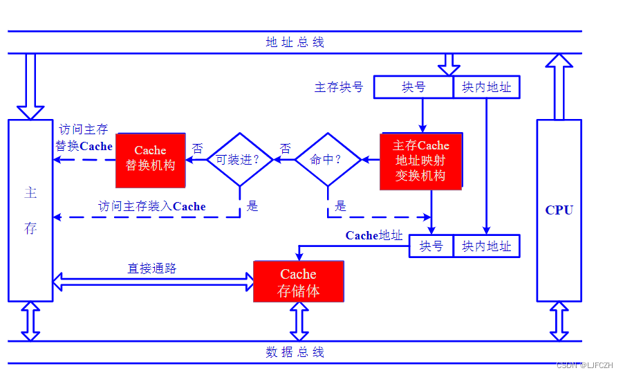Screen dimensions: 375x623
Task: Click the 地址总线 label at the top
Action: click(295, 42)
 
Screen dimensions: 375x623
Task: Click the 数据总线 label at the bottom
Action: click(295, 352)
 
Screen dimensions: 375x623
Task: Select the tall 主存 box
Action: click(30, 210)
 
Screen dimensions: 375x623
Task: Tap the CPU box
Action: click(559, 210)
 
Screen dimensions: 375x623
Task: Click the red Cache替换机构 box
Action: click(150, 160)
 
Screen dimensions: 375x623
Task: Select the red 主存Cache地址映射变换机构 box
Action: click(420, 161)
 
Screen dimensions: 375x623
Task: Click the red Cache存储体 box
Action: click(298, 282)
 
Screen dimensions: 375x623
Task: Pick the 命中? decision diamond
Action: click(328, 160)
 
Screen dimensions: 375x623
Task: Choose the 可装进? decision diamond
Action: click(239, 160)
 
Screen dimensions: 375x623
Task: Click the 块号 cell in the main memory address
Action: click(413, 87)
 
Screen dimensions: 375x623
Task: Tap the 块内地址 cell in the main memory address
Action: click(486, 87)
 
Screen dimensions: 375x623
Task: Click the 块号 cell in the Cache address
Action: click(431, 246)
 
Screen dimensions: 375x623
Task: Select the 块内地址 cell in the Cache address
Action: click(486, 246)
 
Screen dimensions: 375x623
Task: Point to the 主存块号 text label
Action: click(339, 87)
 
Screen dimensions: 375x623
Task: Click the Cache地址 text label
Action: click(373, 235)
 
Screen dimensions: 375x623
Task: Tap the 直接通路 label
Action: click(152, 268)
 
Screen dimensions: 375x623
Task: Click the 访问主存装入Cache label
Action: click(152, 206)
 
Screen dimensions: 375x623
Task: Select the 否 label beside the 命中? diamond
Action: click(285, 148)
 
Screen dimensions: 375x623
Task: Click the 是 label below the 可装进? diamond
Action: click(252, 205)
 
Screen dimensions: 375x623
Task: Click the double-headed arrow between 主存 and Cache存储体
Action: click(154, 281)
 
